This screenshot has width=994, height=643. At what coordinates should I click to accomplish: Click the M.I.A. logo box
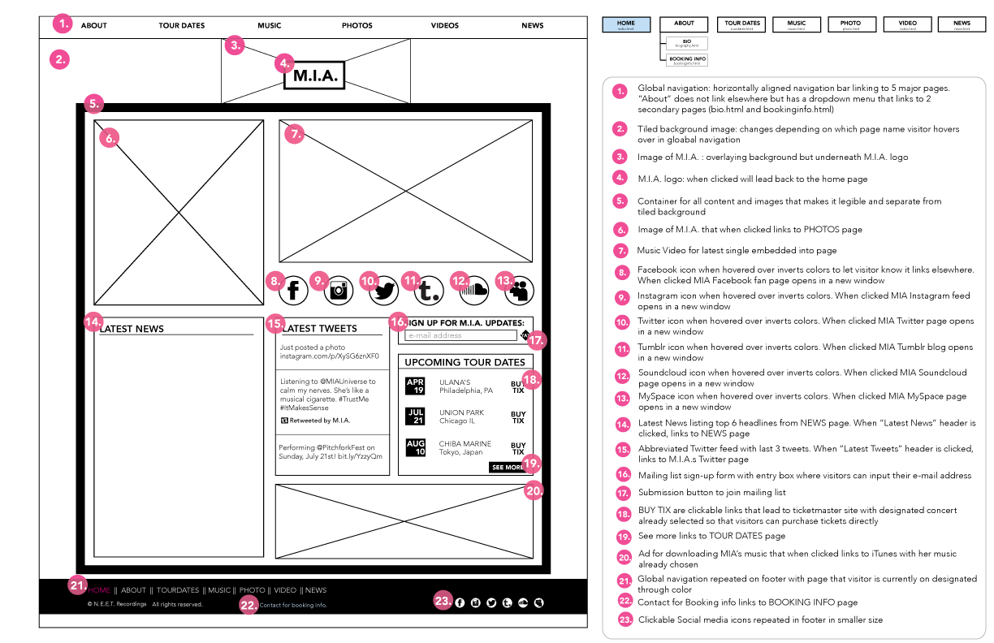coord(314,76)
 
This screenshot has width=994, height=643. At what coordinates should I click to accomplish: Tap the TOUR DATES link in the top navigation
coord(182,26)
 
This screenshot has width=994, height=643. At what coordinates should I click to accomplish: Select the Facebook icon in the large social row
coord(293,288)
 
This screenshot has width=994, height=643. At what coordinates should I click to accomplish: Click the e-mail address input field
coord(460,335)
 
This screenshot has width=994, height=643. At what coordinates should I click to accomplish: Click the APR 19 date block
coord(415,386)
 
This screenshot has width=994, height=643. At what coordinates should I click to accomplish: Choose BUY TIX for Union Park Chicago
coord(517,417)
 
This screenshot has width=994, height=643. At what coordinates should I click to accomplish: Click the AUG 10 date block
coord(415,447)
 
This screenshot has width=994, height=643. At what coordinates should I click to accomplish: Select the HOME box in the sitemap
coord(626,24)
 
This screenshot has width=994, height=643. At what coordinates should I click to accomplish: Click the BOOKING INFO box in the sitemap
coord(687,60)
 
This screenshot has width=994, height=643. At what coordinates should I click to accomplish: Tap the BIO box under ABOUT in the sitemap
coord(687,43)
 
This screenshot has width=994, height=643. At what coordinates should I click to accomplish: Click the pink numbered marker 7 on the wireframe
coord(296,134)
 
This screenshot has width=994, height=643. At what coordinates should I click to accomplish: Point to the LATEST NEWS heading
coord(132,329)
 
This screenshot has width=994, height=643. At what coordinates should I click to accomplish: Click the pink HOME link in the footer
coord(99,590)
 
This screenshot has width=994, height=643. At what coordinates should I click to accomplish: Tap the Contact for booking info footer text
coord(293,605)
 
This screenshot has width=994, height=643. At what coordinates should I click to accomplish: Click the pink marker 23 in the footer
coord(443,602)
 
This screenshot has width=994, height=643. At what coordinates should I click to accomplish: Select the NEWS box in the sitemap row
coord(962,24)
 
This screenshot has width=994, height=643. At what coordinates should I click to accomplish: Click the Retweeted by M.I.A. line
coord(316,421)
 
